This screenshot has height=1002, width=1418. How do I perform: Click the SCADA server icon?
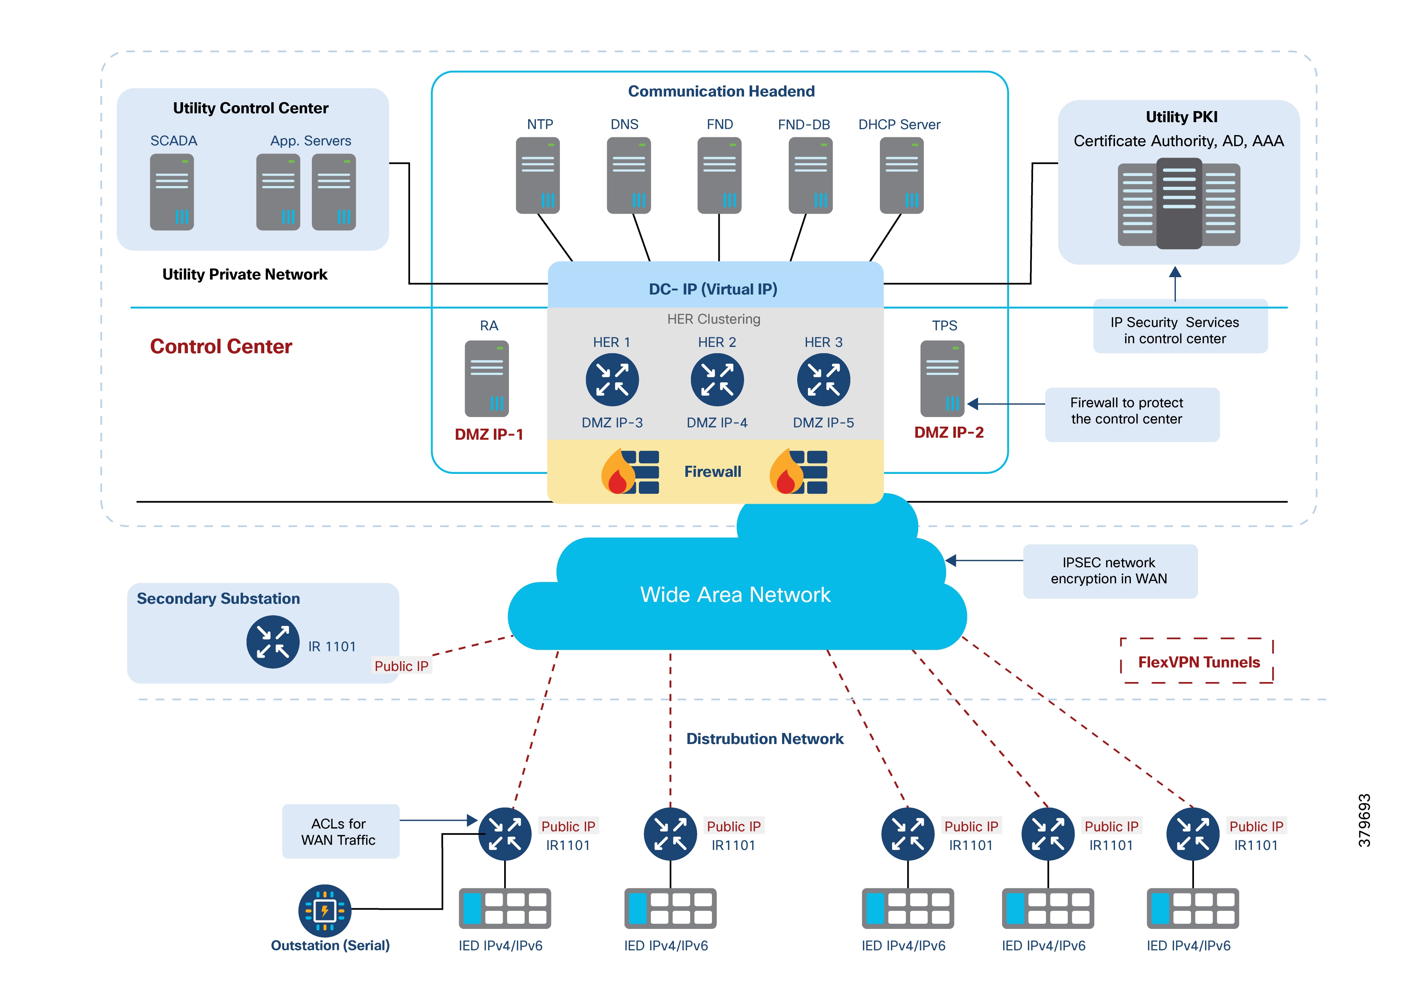(x=172, y=192)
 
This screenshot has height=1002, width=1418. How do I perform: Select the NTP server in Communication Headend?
(x=537, y=175)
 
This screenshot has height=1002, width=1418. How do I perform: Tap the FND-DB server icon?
(x=810, y=175)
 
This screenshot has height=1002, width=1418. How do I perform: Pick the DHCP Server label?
(x=899, y=125)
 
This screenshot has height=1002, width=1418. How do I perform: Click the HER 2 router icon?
(x=717, y=379)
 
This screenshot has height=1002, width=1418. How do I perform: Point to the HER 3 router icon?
(x=823, y=379)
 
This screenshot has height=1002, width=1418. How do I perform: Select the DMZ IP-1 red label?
(x=489, y=434)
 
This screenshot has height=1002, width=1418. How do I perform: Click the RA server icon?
(x=487, y=379)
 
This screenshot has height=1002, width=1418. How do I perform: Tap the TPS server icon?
(x=942, y=379)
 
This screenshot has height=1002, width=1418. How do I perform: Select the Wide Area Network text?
(x=735, y=594)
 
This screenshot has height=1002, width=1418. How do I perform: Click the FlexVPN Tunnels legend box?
(x=1198, y=662)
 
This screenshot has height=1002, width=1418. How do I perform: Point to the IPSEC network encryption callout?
(x=1109, y=571)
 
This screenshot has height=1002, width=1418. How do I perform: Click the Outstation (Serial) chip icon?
(x=324, y=910)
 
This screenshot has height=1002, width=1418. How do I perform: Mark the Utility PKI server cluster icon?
(x=1178, y=204)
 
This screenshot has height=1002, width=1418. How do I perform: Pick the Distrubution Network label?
(x=765, y=739)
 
